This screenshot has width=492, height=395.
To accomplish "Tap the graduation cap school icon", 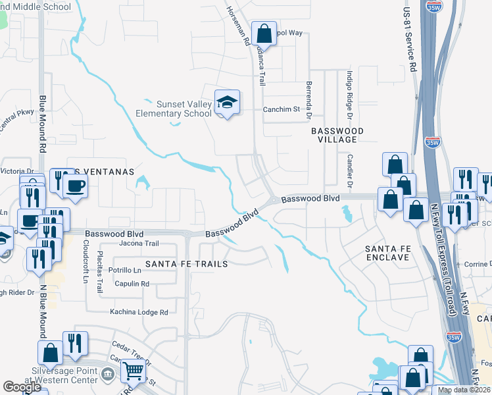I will click(x=227, y=103).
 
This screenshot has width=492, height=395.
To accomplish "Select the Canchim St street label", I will click(x=282, y=109).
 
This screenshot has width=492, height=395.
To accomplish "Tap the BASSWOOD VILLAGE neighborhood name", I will click(x=337, y=136).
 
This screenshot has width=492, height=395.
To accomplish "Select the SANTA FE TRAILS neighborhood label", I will click(x=186, y=263).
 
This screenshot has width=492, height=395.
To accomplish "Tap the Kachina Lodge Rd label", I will click(x=139, y=312).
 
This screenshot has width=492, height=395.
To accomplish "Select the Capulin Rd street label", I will click(x=132, y=284).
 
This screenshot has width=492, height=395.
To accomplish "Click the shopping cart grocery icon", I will click(x=134, y=372).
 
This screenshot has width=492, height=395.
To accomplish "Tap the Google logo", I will click(x=22, y=387).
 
